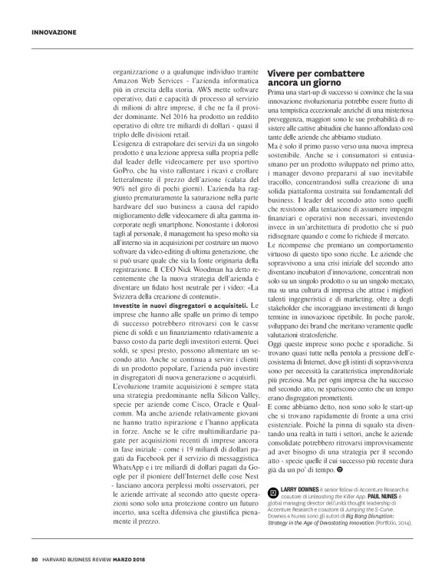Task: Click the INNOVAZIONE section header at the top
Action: [54, 32]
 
